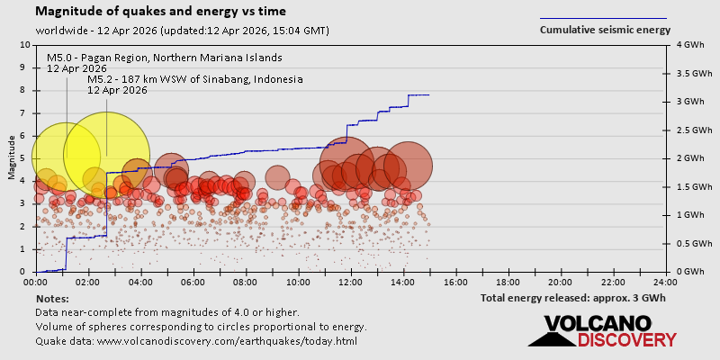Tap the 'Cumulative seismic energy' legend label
(x=605, y=30)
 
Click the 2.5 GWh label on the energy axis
(x=686, y=130)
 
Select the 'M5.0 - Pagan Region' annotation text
(x=165, y=58)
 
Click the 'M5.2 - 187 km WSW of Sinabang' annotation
(x=195, y=79)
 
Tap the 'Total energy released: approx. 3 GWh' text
(x=573, y=298)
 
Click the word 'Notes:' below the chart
(x=52, y=298)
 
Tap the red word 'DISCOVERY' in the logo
(x=626, y=339)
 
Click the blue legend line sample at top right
(x=603, y=18)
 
